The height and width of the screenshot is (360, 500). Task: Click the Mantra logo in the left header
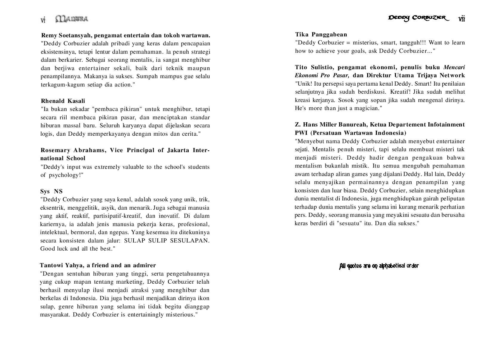[x=72, y=19]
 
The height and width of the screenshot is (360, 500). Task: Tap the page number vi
[x=43, y=20]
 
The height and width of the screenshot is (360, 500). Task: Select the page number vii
[x=461, y=19]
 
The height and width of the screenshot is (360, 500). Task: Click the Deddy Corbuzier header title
[x=418, y=18]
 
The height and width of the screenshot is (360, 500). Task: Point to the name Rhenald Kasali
[x=63, y=101]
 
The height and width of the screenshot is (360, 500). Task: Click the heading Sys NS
[x=51, y=191]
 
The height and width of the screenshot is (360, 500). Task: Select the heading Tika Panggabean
[x=321, y=34]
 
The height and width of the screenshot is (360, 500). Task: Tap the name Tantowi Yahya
[x=62, y=265]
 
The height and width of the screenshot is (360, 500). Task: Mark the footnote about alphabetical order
[x=379, y=266]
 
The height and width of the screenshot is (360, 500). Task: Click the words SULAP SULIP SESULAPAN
[x=167, y=240]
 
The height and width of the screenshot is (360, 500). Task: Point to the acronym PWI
[x=301, y=133]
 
